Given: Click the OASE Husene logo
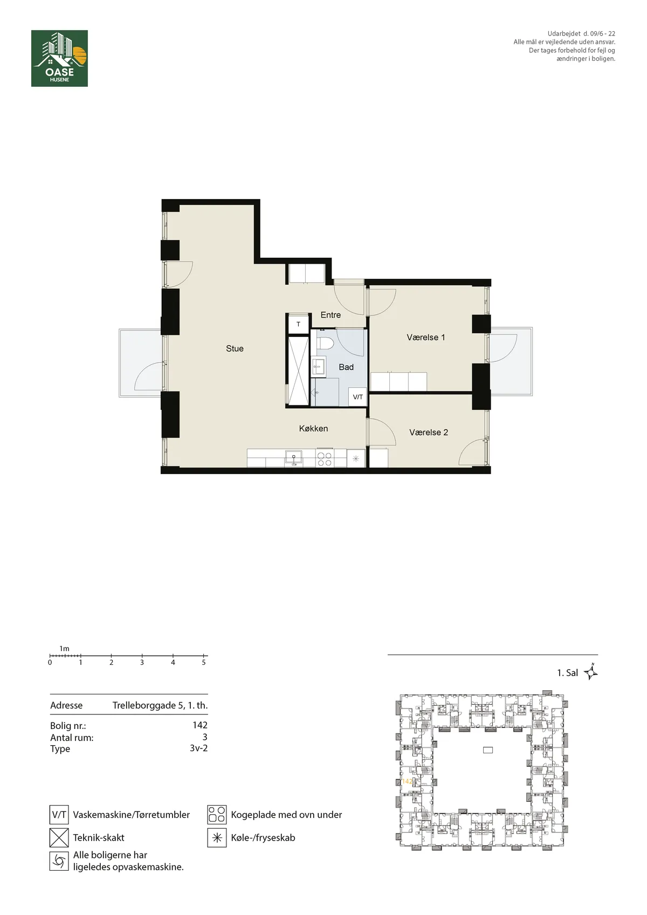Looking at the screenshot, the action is click(59, 58).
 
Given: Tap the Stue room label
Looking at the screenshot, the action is click(235, 348).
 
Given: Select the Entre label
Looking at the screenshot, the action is click(331, 315).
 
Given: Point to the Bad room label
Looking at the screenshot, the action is click(346, 367).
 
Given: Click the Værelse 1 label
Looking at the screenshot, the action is click(425, 338).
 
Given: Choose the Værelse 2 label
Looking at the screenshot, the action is click(429, 432).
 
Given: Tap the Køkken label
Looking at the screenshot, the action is click(313, 429).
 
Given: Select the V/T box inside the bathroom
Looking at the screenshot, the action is click(357, 397).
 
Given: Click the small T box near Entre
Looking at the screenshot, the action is click(298, 325).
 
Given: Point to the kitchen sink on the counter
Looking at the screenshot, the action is click(294, 457).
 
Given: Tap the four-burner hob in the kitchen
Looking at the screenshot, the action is click(325, 459).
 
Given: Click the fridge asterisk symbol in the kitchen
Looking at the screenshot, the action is click(356, 459).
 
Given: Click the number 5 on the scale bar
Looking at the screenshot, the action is click(203, 663).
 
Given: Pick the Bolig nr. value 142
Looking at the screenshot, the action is click(200, 725).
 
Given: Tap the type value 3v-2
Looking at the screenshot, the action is click(198, 748).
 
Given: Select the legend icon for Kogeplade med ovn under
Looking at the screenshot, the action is click(217, 814).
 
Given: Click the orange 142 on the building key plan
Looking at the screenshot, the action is click(407, 781).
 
